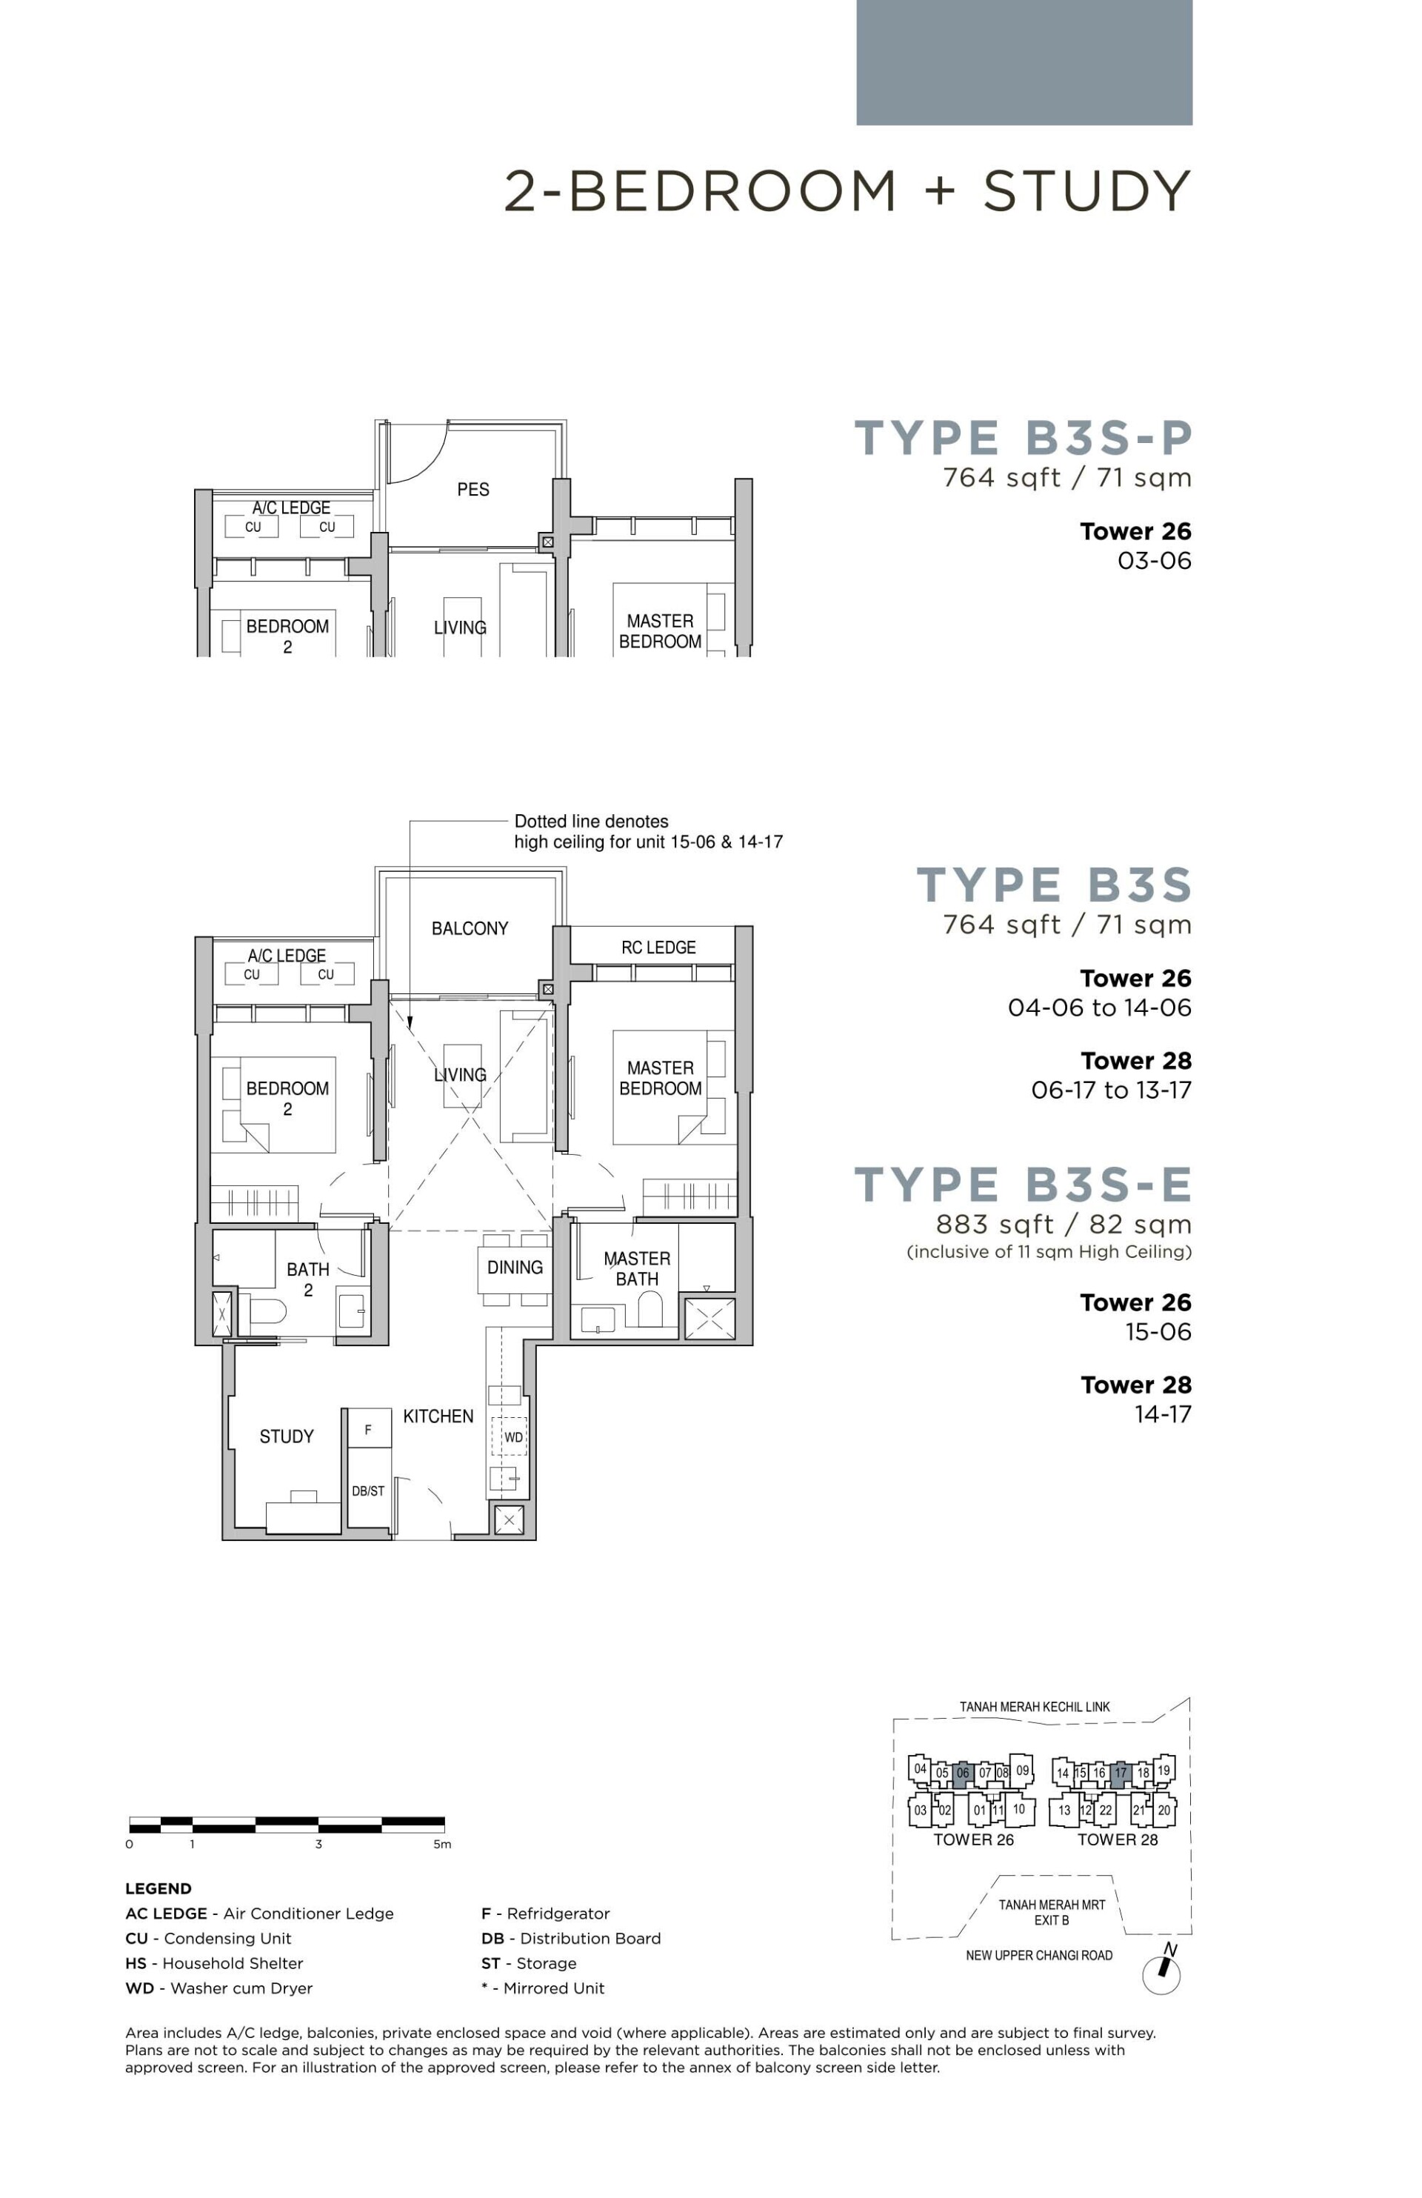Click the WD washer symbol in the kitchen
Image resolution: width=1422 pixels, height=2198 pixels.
tap(513, 1437)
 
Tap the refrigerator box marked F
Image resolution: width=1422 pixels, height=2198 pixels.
tap(368, 1430)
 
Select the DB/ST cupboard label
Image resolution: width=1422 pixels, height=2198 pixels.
tap(367, 1491)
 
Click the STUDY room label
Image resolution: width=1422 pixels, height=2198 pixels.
tap(286, 1436)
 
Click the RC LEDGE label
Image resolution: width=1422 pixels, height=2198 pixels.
tap(658, 948)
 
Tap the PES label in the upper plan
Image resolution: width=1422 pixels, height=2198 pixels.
tap(473, 490)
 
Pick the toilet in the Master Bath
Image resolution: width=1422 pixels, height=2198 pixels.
tap(650, 1308)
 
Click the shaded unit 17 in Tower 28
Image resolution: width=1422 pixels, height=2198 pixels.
tap(1120, 1772)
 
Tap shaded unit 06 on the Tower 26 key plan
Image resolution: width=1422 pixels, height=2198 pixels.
tap(963, 1772)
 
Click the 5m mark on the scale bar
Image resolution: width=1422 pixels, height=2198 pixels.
tap(442, 1845)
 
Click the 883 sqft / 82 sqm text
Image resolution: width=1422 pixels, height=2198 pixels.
tap(1063, 1225)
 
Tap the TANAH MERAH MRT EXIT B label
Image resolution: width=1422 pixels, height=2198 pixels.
tap(1052, 1912)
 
